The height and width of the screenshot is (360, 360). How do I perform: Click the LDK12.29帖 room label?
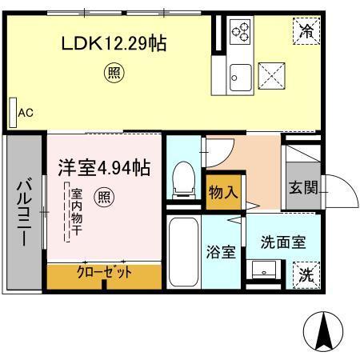pos(114,44)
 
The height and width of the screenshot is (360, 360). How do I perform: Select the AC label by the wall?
pos(26,113)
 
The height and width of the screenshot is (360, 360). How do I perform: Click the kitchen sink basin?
pos(237,78)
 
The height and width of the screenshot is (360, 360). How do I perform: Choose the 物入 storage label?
pos(223,193)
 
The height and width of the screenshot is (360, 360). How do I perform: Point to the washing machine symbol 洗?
pos(306,274)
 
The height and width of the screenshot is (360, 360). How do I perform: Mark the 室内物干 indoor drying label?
pos(76,211)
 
